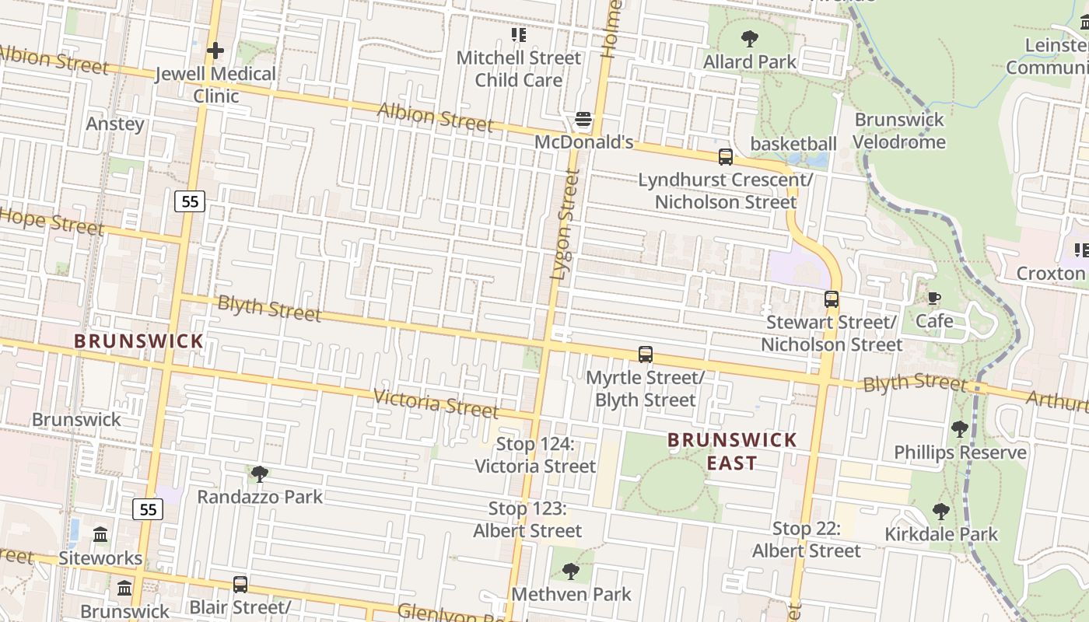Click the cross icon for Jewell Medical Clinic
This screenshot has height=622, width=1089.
click(x=215, y=51)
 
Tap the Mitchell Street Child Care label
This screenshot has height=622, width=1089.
click(x=518, y=68)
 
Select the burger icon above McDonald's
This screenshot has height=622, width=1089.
click(x=583, y=120)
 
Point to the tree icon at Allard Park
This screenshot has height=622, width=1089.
click(x=750, y=38)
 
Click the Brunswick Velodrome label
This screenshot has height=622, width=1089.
click(x=899, y=131)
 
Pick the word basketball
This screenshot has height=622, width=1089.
click(x=793, y=144)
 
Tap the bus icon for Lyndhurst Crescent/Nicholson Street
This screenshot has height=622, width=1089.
click(x=725, y=157)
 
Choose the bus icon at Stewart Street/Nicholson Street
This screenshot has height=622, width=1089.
click(x=832, y=299)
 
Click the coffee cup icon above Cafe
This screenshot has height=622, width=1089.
click(x=934, y=299)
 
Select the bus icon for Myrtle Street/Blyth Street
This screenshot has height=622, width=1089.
click(x=645, y=355)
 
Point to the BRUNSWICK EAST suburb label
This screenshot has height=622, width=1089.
click(x=732, y=451)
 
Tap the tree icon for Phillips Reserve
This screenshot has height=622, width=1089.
click(x=960, y=429)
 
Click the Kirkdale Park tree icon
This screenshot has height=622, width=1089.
click(x=941, y=512)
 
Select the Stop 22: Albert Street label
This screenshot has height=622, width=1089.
click(x=806, y=540)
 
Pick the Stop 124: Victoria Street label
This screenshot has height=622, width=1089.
click(x=535, y=455)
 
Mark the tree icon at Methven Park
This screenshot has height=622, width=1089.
click(x=571, y=571)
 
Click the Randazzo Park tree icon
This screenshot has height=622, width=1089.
click(x=260, y=474)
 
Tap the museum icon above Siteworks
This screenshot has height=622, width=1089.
click(x=100, y=535)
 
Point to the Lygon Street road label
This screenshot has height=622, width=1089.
click(x=565, y=225)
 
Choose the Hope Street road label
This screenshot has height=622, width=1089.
click(x=51, y=222)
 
